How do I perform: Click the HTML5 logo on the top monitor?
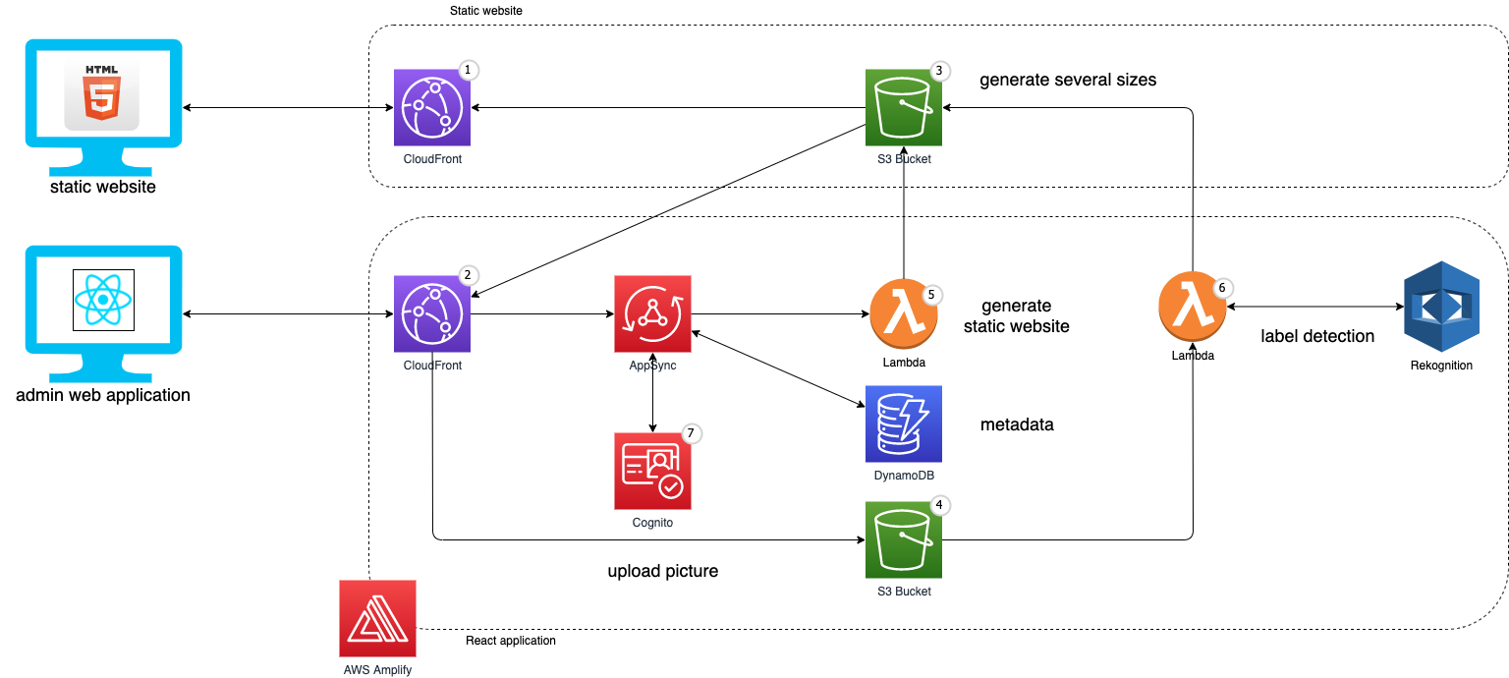[x=102, y=92]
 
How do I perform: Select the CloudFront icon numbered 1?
[x=432, y=107]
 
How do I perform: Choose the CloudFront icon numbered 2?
[x=432, y=313]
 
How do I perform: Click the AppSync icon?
[x=652, y=313]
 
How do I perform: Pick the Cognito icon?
[x=652, y=471]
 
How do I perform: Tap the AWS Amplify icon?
[x=377, y=618]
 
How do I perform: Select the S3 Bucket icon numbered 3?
[x=904, y=107]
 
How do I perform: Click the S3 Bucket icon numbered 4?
[x=904, y=539]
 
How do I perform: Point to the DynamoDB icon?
[x=904, y=424]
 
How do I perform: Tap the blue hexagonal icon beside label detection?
[x=1441, y=306]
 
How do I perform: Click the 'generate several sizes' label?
[x=1068, y=80]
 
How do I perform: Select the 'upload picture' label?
[x=663, y=571]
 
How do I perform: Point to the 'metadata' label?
[x=1017, y=424]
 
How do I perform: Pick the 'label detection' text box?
[x=1317, y=336]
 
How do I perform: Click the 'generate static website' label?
[x=1017, y=315]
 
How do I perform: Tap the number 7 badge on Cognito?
[x=693, y=432]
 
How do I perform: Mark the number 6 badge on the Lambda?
[x=1223, y=287]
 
